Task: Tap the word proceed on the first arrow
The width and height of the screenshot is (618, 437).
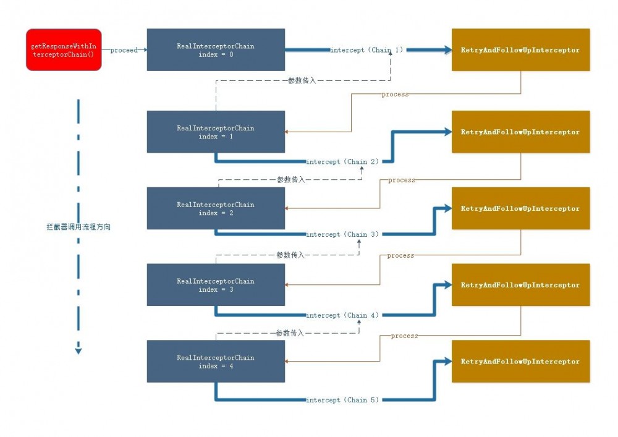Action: [124, 50]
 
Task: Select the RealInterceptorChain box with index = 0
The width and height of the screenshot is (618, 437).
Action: [216, 49]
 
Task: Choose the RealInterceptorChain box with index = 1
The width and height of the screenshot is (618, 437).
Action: [216, 132]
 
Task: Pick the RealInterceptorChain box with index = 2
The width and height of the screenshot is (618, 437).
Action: [216, 208]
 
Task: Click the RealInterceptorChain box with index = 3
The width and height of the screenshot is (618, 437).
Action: [216, 285]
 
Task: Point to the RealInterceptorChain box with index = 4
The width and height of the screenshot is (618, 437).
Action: [216, 361]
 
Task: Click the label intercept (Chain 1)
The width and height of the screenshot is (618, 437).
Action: [366, 50]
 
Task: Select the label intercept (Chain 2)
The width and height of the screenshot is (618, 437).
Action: [342, 161]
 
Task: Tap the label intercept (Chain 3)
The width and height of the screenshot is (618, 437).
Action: [342, 234]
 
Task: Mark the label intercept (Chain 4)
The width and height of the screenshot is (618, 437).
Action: [342, 315]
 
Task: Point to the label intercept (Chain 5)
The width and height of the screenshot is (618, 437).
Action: [342, 400]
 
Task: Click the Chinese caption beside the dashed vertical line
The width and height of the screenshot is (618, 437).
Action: [78, 227]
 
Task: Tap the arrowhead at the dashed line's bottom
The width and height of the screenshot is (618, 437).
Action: [78, 350]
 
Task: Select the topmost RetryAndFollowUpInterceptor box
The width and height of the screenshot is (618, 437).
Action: [520, 49]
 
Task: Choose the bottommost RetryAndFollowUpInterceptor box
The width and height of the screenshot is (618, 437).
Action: [520, 361]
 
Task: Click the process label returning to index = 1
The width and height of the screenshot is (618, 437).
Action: [395, 94]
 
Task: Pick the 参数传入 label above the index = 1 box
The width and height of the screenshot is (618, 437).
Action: [302, 80]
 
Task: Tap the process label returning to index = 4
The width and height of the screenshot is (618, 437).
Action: [404, 336]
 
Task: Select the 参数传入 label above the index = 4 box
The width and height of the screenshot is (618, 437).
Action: [290, 333]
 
